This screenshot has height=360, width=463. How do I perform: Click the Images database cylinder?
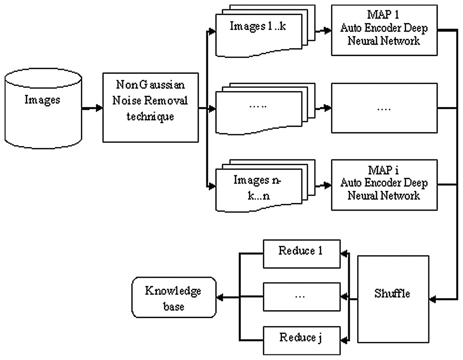point(43,109)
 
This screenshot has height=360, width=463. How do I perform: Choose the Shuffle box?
point(392,299)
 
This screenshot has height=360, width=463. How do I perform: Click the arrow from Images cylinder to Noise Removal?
point(93,109)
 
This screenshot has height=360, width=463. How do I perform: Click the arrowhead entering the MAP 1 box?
point(328,30)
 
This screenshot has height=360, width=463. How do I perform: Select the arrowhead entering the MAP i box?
point(328,184)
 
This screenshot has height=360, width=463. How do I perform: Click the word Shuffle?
point(392,294)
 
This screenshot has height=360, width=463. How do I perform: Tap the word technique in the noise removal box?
point(150,117)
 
